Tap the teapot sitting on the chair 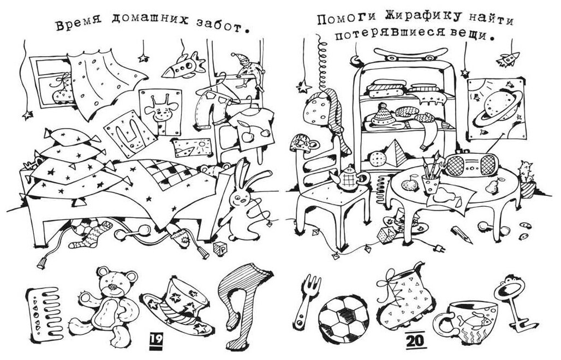(347, 179)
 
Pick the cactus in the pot (527, 177)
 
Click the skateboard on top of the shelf (406, 52)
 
